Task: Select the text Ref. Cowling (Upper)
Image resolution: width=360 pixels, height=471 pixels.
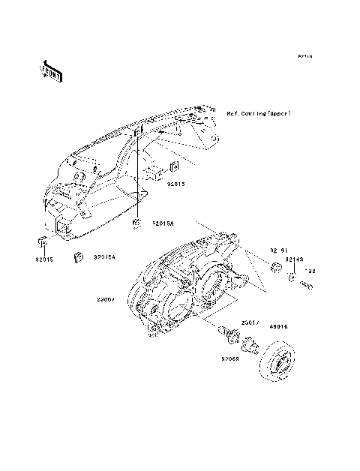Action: point(258,113)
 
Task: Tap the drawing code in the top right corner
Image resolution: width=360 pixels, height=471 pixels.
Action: point(304,56)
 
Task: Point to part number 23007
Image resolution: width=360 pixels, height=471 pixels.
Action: point(126,299)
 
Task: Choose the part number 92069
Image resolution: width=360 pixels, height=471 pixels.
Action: point(229,359)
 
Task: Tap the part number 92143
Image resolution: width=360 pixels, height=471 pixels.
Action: point(293,258)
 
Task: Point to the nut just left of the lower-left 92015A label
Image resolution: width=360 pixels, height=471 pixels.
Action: point(76,257)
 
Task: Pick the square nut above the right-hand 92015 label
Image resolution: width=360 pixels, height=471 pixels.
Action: point(174,166)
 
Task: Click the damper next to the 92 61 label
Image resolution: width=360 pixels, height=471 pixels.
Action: point(274,267)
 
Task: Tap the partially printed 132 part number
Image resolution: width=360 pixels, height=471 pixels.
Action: point(308,271)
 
